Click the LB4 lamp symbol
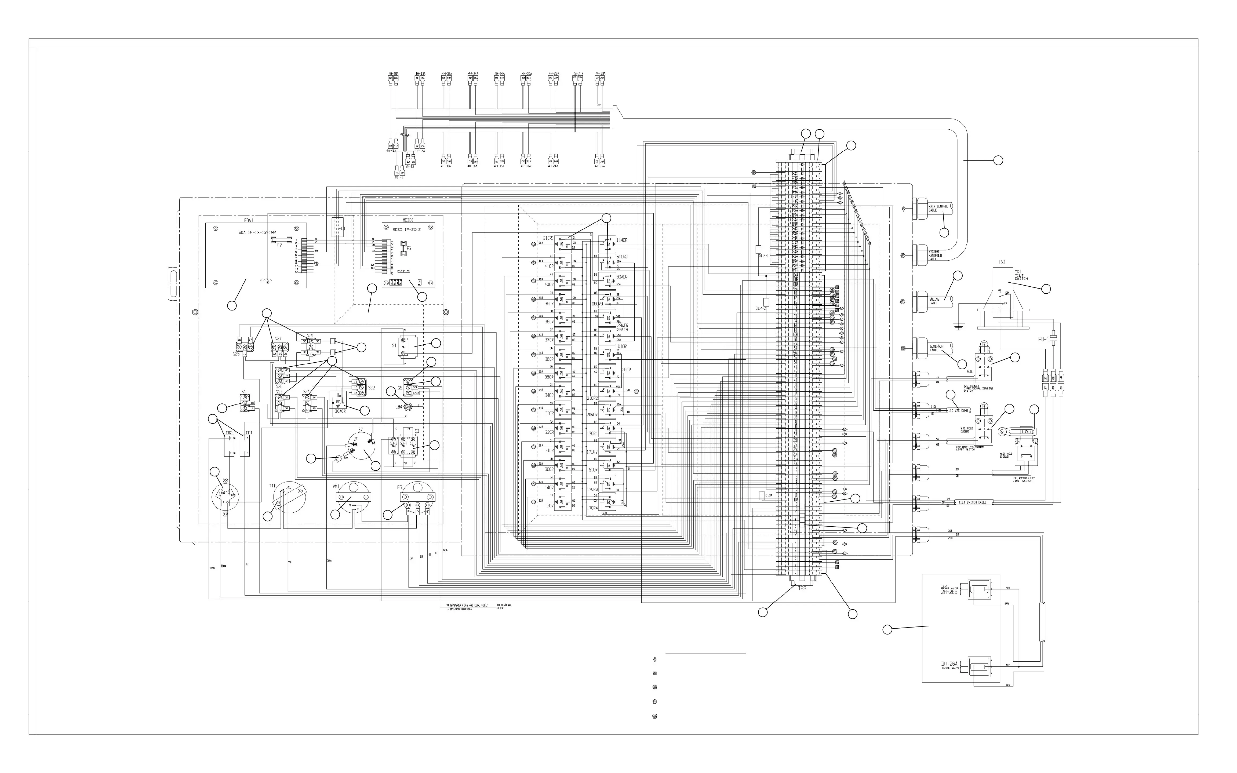click(x=408, y=407)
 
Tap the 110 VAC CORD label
click(x=958, y=410)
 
